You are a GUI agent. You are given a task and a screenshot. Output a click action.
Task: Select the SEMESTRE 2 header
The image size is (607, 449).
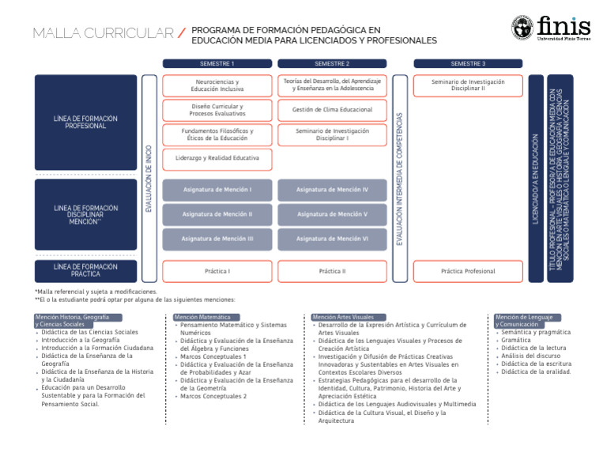point(332,63)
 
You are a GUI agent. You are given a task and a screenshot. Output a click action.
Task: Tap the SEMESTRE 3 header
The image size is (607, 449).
point(468,63)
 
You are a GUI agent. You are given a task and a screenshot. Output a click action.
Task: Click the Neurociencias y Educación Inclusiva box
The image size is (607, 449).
point(217,85)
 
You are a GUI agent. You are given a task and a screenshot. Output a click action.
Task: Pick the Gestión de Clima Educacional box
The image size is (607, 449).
point(332,110)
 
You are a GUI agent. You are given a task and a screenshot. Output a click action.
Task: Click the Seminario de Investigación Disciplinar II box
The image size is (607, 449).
point(468,85)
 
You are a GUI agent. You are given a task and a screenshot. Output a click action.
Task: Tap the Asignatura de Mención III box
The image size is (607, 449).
point(217,238)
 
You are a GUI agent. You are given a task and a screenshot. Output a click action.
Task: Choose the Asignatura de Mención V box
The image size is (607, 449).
point(332,213)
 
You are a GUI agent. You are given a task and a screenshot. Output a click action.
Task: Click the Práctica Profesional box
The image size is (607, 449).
point(468,271)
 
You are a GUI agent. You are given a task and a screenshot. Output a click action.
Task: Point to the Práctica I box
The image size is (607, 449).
point(217,271)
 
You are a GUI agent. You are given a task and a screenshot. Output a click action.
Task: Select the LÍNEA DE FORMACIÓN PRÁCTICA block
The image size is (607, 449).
point(86,271)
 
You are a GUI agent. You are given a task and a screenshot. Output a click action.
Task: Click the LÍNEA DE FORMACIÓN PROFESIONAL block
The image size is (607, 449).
point(86,122)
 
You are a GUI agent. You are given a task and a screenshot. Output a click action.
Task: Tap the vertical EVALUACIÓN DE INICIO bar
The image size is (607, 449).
point(149,178)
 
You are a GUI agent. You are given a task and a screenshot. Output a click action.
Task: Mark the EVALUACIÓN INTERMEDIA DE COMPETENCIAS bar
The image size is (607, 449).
point(400,178)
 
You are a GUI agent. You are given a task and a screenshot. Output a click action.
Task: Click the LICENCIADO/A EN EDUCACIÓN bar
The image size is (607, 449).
point(536,178)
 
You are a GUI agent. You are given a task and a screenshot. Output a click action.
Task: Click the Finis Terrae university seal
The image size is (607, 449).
point(522,28)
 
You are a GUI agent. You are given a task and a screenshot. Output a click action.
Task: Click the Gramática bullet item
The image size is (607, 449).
point(515,340)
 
